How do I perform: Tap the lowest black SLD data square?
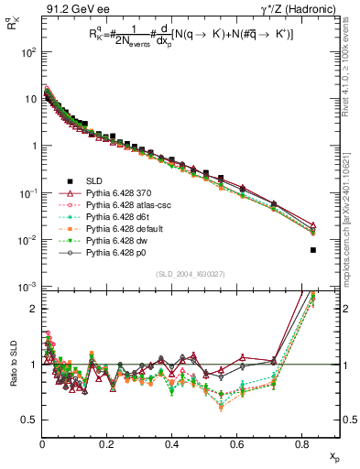(313, 250)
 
